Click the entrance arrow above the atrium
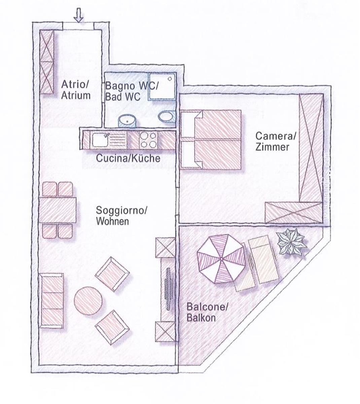pyautogui.click(x=78, y=15)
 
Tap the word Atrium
pyautogui.click(x=76, y=96)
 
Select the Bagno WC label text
pyautogui.click(x=132, y=86)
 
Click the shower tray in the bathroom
pyautogui.click(x=162, y=86)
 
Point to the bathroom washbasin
pyautogui.click(x=128, y=121)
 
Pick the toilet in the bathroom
pyautogui.click(x=167, y=116)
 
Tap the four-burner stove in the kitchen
pyautogui.click(x=148, y=140)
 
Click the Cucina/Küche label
pyautogui.click(x=128, y=159)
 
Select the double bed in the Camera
pyautogui.click(x=211, y=140)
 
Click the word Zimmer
pyautogui.click(x=272, y=147)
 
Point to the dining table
pyautogui.click(x=57, y=210)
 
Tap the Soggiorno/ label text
pyautogui.click(x=121, y=210)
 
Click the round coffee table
pyautogui.click(x=88, y=301)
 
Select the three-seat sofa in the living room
pyautogui.click(x=51, y=301)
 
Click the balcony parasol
pyautogui.click(x=221, y=259)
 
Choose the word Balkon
pyautogui.click(x=201, y=318)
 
